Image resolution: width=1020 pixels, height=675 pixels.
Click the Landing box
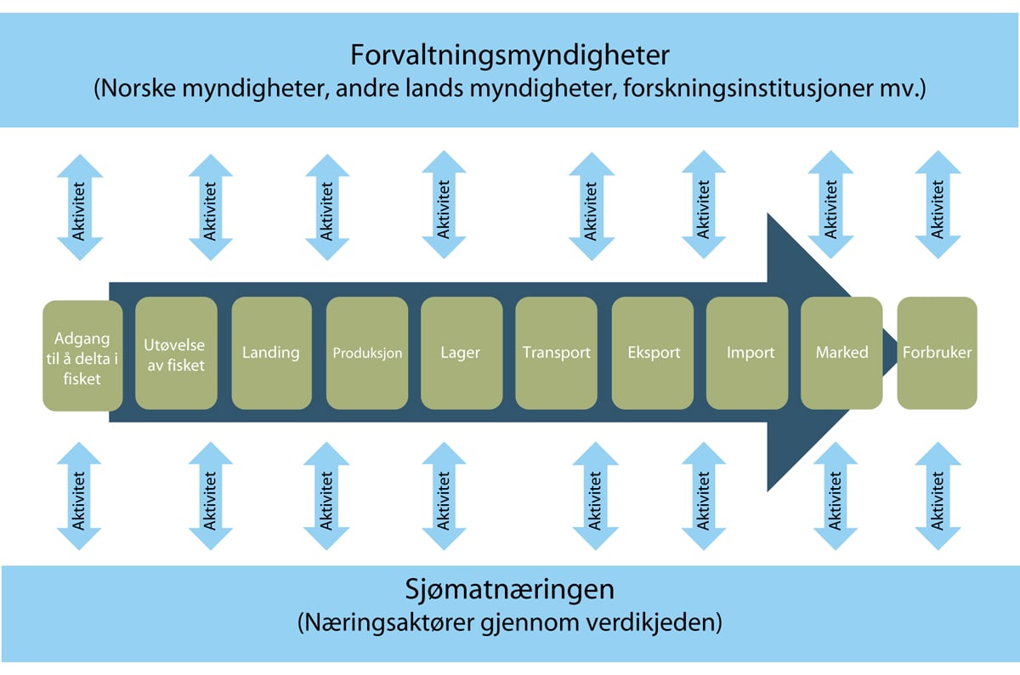click(270, 352)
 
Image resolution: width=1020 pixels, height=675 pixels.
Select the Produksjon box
click(366, 352)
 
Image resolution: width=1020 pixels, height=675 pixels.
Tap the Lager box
click(461, 352)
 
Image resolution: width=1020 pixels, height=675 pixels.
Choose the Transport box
click(556, 352)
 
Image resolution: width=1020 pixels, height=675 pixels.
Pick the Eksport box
click(653, 352)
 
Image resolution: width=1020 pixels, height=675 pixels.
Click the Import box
click(750, 352)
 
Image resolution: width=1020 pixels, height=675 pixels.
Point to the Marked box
click(841, 352)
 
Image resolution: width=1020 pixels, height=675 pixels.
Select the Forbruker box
click(937, 352)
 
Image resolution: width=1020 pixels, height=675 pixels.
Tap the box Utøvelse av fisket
click(176, 352)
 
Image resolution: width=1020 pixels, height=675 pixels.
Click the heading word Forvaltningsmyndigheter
click(510, 56)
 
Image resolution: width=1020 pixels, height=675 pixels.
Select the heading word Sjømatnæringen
click(510, 589)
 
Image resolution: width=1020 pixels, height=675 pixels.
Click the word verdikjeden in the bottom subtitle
click(663, 622)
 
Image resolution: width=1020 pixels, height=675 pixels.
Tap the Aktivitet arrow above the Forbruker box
click(938, 205)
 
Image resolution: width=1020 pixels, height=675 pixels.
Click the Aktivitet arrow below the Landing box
click(326, 496)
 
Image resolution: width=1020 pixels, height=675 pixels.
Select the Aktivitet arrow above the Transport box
click(591, 205)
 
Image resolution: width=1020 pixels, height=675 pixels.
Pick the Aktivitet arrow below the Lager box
click(443, 496)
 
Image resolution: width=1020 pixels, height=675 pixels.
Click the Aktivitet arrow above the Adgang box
click(80, 205)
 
